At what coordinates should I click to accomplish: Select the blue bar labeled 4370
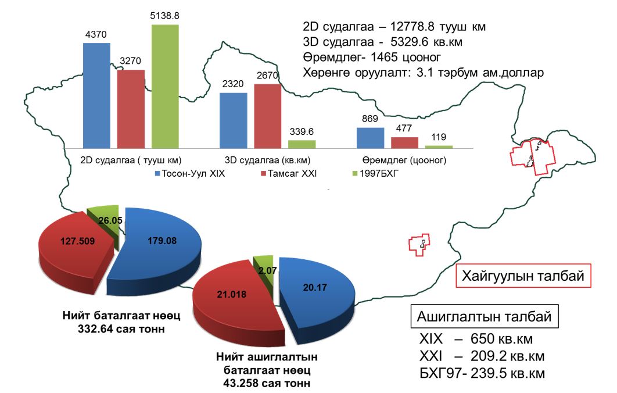click(x=96, y=95)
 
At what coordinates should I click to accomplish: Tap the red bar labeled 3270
click(x=131, y=109)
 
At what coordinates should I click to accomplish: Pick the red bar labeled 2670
click(x=267, y=116)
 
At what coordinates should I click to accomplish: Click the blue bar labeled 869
click(x=370, y=137)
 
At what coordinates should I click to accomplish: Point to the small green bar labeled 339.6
click(x=302, y=144)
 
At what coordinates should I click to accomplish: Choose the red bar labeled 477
click(x=404, y=142)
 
